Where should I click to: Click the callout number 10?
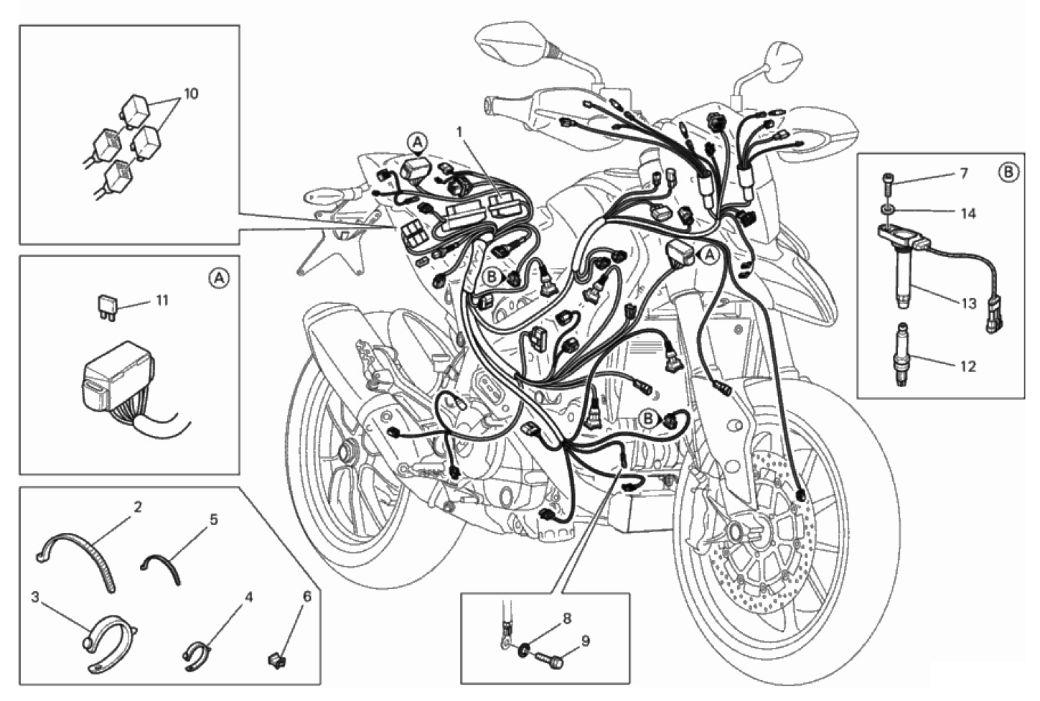(191, 94)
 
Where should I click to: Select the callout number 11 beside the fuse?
(161, 300)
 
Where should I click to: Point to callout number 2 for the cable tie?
(137, 507)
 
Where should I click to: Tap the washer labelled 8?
(525, 649)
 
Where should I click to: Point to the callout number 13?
(969, 303)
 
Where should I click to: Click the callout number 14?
(968, 214)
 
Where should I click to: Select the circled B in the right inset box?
(1008, 173)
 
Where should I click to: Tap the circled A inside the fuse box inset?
(219, 278)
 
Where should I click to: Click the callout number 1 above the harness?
(459, 133)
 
